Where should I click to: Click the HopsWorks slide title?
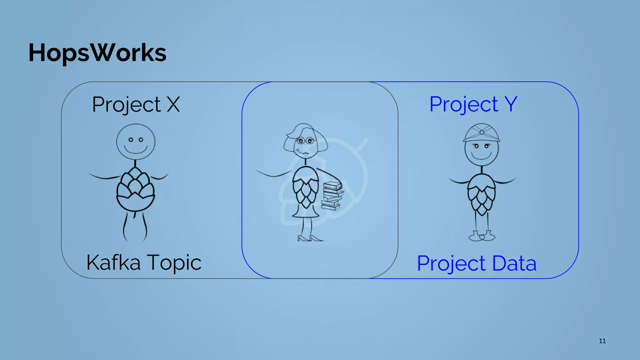tap(97, 52)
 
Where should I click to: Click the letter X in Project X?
tap(173, 104)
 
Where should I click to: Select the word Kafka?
tap(113, 262)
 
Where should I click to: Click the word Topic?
tap(174, 263)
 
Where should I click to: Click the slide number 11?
tap(602, 341)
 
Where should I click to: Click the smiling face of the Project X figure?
tap(136, 142)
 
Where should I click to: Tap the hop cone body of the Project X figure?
tap(135, 189)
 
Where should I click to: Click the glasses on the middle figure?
tap(305, 141)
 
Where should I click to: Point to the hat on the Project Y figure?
tap(482, 133)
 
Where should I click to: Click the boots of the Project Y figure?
tap(482, 236)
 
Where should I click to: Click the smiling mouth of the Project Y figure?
tap(481, 156)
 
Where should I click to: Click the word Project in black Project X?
tap(126, 105)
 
